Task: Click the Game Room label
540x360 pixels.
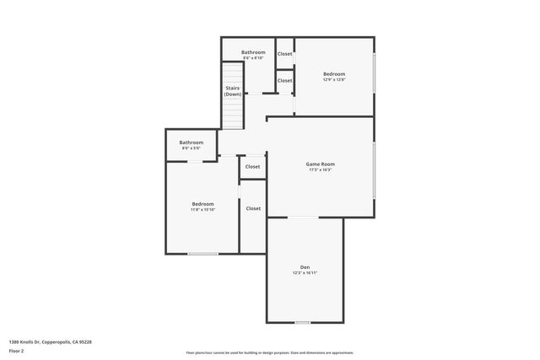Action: [320, 164]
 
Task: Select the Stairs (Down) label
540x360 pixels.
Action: [233, 91]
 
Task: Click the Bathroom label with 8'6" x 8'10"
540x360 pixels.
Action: [253, 52]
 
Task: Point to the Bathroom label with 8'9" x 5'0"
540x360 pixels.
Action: [191, 142]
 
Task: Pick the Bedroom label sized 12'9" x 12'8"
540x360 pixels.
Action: [334, 74]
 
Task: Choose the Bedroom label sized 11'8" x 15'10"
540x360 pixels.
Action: [202, 204]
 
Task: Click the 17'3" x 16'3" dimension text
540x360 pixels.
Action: [320, 170]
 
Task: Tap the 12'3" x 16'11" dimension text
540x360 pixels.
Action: [305, 273]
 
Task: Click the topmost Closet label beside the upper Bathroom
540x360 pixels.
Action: [285, 54]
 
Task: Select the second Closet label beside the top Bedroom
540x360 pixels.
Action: [285, 81]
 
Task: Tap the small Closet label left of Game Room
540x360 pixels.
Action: [253, 167]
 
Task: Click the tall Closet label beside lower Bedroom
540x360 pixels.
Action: [253, 208]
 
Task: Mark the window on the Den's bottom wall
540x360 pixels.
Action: [302, 322]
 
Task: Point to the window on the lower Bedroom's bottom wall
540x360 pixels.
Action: [202, 253]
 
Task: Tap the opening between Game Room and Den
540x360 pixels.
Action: [304, 218]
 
